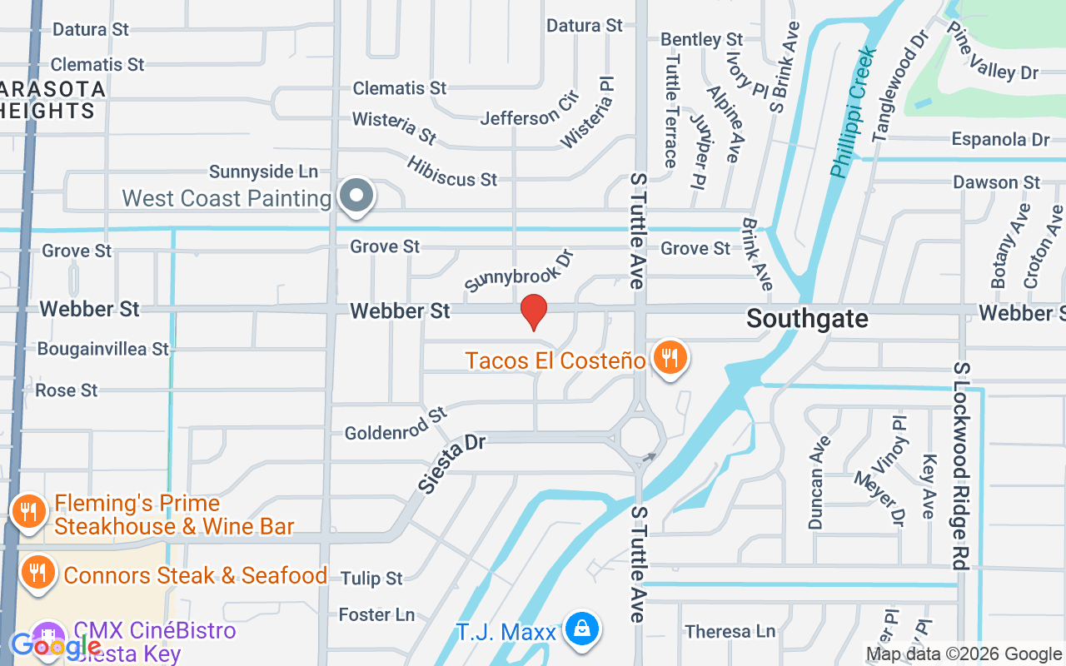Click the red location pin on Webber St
click(533, 312)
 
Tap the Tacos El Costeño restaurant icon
click(669, 358)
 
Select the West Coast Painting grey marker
click(357, 196)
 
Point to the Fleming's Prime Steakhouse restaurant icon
click(30, 511)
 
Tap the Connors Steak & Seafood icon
click(37, 573)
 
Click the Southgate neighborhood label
click(807, 318)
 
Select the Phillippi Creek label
click(854, 112)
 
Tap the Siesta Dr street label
click(452, 463)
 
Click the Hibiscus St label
click(452, 169)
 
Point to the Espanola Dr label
click(1000, 139)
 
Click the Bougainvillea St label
click(103, 349)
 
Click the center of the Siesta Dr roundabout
click(640, 436)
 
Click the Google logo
click(54, 645)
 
